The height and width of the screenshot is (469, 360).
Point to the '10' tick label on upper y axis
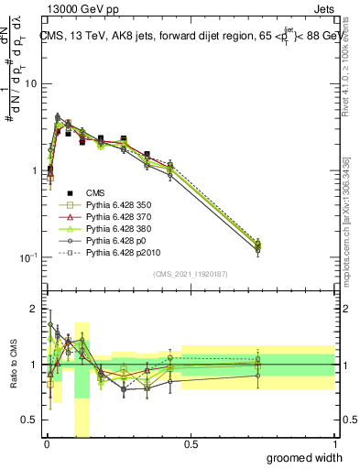pos(30,84)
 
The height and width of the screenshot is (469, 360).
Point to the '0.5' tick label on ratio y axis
pos(30,420)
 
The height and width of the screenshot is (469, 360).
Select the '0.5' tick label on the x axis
pos(191,444)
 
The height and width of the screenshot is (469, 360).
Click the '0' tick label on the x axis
pos(47,444)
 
